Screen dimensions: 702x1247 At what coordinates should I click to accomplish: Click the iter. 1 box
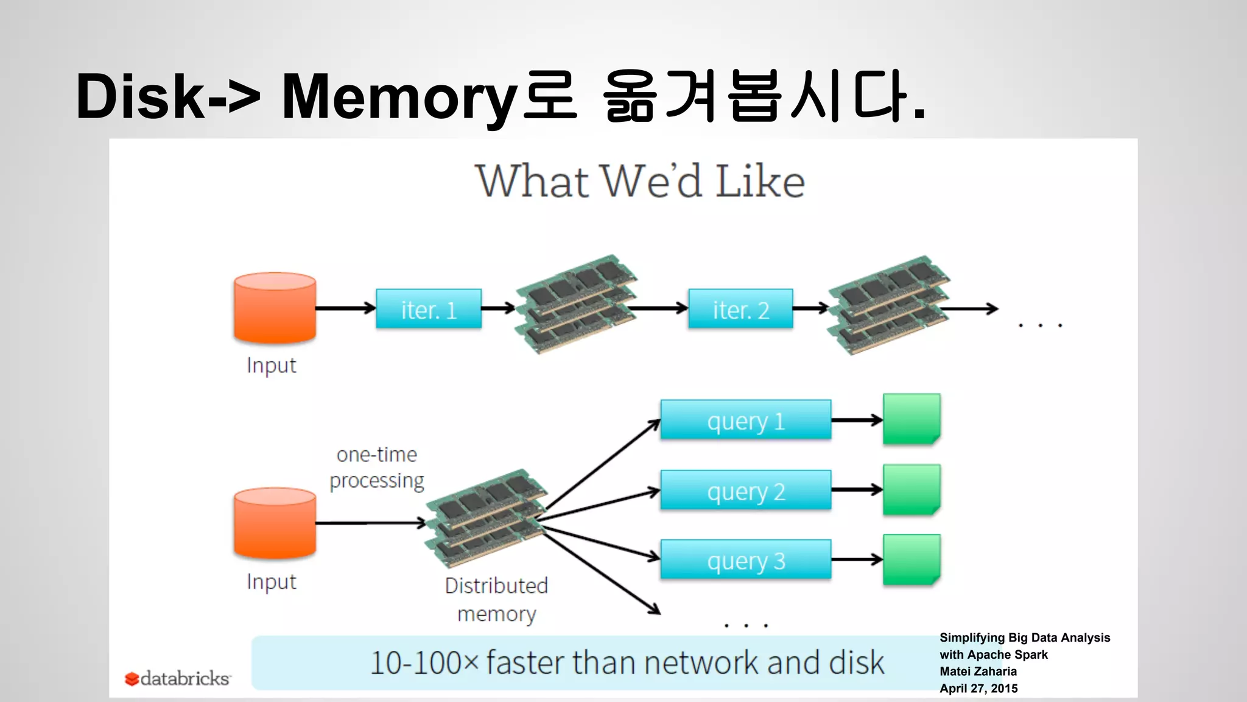(x=429, y=309)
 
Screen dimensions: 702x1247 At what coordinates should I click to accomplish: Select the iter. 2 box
(x=740, y=309)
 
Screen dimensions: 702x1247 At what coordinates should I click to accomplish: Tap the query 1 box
(x=745, y=420)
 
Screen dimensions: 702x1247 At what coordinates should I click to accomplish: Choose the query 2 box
(x=745, y=490)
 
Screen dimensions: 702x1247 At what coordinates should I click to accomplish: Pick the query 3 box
(x=745, y=559)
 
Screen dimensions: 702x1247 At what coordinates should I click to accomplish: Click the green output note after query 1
(x=912, y=419)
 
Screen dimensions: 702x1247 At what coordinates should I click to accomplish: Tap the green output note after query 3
(x=912, y=559)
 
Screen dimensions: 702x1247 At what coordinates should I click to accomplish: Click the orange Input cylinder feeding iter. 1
(x=275, y=308)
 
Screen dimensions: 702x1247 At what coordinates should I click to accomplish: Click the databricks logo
(x=178, y=678)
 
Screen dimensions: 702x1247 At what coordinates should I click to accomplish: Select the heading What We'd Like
(x=639, y=181)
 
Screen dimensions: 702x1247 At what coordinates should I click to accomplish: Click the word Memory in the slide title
(x=399, y=96)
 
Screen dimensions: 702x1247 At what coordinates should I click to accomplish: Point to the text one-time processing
(x=377, y=467)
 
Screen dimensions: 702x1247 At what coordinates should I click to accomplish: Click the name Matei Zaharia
(x=978, y=671)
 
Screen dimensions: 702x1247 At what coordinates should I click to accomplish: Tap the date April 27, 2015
(x=978, y=688)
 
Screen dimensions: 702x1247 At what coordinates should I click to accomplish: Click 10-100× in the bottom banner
(x=424, y=662)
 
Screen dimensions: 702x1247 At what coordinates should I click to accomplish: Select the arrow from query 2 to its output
(x=857, y=489)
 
